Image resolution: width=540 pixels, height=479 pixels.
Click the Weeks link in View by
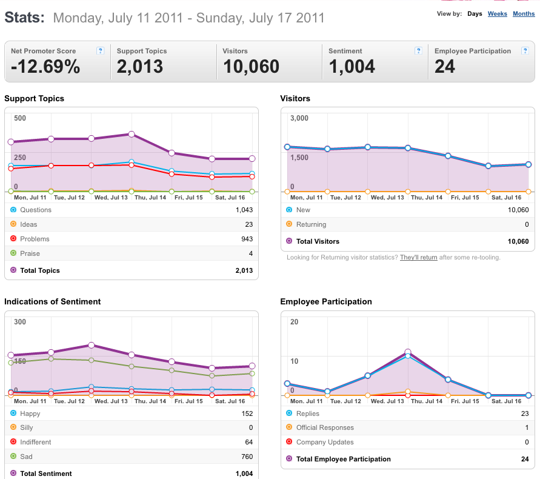click(x=498, y=14)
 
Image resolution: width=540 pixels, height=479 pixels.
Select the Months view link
click(x=524, y=14)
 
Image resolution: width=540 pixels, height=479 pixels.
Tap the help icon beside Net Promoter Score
click(x=100, y=51)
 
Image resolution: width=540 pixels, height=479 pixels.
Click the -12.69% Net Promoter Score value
click(x=45, y=67)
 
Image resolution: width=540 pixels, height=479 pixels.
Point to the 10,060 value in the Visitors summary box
click(x=251, y=67)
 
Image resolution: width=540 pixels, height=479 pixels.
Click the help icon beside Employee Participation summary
click(x=525, y=51)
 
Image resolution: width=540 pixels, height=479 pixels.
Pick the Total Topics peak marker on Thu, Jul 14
click(x=131, y=134)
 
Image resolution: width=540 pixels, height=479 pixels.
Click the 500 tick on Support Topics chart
click(x=20, y=118)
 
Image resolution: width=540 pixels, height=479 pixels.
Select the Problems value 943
click(x=247, y=239)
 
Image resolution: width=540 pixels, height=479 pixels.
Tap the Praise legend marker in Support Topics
click(x=13, y=253)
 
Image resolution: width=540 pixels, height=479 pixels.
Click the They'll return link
click(x=418, y=258)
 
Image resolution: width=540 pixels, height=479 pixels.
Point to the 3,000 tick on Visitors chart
click(x=299, y=118)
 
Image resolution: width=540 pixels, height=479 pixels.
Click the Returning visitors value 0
click(x=527, y=224)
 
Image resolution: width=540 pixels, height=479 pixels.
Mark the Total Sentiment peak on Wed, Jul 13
click(x=92, y=345)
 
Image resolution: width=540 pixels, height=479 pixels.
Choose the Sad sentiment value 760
click(x=247, y=457)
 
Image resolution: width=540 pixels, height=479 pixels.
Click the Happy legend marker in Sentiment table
click(x=13, y=413)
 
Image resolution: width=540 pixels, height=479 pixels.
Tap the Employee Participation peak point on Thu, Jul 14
click(x=408, y=352)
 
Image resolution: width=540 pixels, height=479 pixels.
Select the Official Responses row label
click(x=325, y=427)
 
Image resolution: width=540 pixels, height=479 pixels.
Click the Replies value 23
click(x=525, y=414)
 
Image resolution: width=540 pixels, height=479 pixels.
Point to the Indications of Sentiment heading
click(x=52, y=301)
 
